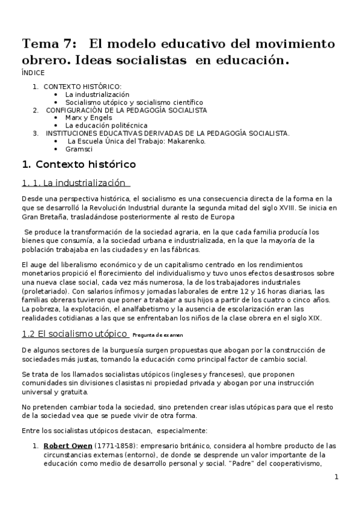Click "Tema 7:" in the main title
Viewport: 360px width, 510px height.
[x=49, y=44]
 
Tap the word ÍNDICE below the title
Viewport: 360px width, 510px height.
[x=31, y=72]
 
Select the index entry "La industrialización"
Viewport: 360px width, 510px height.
[x=97, y=94]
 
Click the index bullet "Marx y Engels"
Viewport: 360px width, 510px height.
[x=88, y=118]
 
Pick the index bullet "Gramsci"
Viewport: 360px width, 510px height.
[x=78, y=149]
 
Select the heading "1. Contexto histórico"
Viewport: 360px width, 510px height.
[x=79, y=164]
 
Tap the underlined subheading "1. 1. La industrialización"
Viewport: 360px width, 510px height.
[x=76, y=183]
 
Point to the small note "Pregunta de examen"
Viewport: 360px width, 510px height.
[x=157, y=335]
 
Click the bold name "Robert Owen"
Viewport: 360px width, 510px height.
[x=68, y=446]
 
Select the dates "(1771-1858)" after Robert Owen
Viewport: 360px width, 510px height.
[x=114, y=446]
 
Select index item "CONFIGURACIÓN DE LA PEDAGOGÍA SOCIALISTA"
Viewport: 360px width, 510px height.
[x=127, y=110]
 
